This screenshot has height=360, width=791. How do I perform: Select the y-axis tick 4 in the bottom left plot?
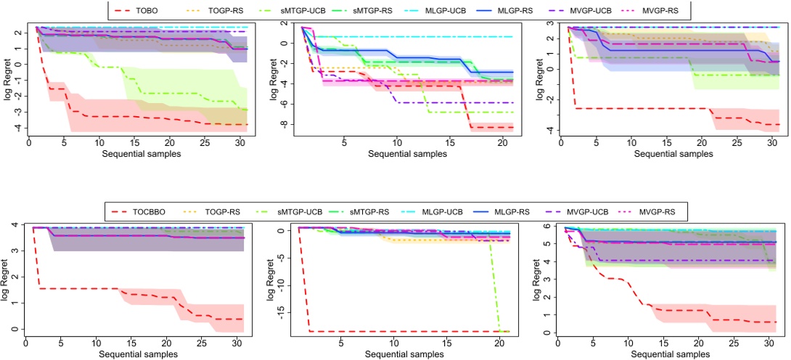[17, 225]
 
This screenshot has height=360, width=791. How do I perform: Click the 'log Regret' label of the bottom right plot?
[538, 279]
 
